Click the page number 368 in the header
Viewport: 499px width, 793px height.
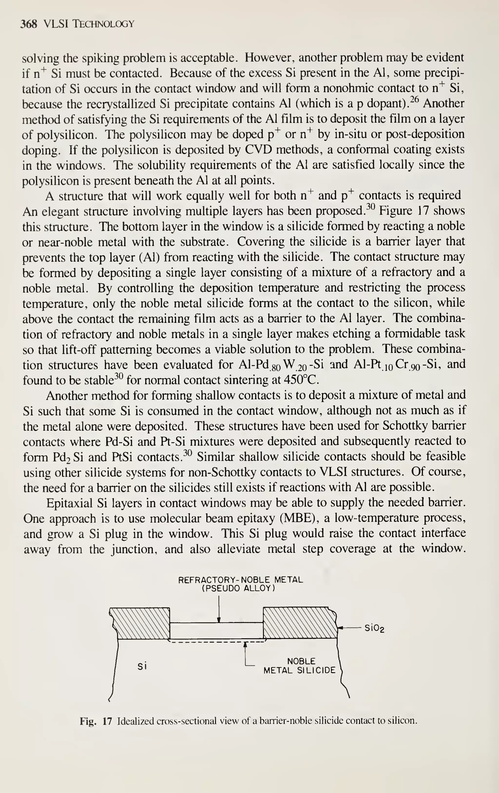tap(29, 24)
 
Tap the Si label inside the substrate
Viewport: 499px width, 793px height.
tap(142, 666)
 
